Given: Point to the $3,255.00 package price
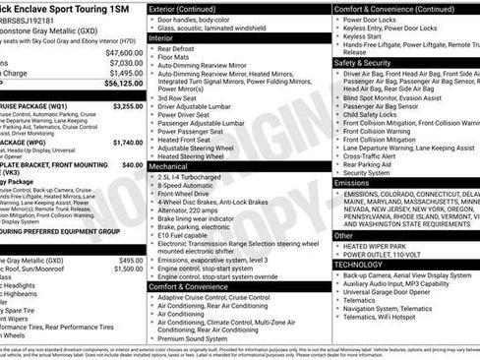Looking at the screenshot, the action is (128, 105).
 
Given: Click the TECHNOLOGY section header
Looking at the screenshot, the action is (359, 265).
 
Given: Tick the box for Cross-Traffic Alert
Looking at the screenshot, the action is (338, 155).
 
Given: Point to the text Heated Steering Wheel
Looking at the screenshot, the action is (196, 156).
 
